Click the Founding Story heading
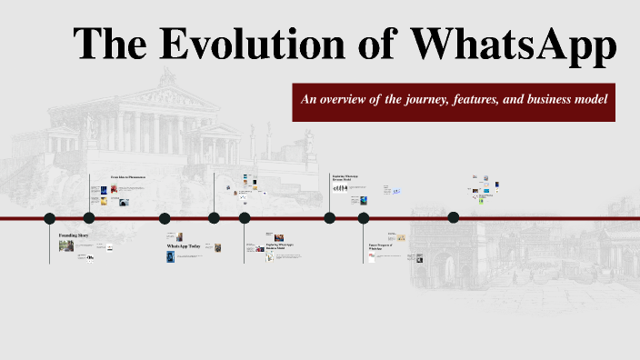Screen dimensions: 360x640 74,235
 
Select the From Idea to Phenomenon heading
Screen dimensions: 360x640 128,176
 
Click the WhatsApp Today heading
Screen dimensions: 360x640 183,246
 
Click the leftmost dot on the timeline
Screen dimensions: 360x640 50,218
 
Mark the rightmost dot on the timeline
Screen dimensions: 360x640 454,217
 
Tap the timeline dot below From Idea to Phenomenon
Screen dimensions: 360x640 89,218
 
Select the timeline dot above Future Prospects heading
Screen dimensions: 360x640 364,218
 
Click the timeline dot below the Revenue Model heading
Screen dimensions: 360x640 329,218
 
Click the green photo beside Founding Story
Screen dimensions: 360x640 66,245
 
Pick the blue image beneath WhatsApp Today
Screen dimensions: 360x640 170,257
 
